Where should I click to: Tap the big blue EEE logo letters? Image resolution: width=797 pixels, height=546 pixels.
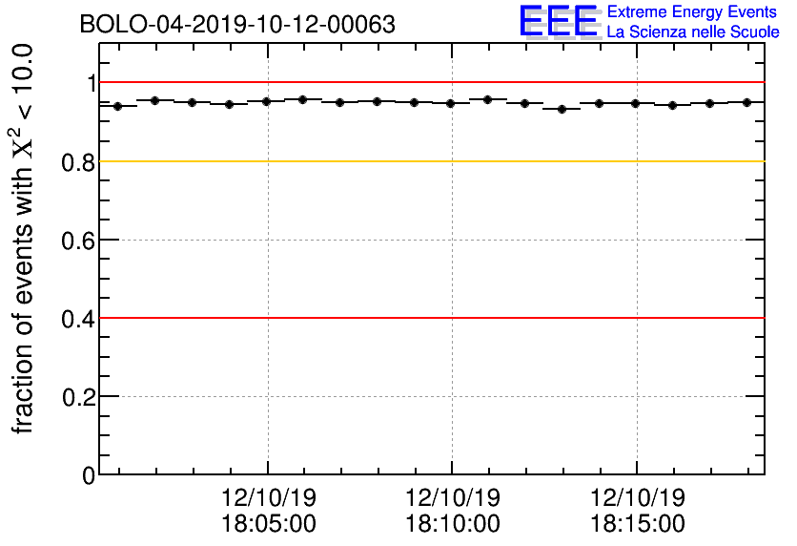tap(560, 21)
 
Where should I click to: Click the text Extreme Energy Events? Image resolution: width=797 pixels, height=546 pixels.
tap(693, 12)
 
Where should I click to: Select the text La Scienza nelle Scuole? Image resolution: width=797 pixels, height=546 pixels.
tap(693, 32)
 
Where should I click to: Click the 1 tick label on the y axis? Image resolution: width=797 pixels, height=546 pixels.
tap(91, 84)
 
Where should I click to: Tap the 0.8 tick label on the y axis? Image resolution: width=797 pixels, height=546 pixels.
tap(79, 162)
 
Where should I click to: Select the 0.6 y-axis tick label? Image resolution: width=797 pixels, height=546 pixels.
tap(79, 241)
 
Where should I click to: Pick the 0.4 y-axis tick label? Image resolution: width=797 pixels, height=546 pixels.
tap(79, 319)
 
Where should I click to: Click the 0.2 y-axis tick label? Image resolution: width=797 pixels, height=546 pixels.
tap(79, 397)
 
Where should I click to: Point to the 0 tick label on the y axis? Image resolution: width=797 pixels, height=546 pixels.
tap(90, 475)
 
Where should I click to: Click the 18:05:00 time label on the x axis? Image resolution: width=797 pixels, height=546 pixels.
tap(268, 523)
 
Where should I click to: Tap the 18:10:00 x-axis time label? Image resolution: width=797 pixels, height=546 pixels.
tap(453, 523)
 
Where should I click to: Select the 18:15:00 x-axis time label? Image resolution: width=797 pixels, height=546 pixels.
tap(638, 523)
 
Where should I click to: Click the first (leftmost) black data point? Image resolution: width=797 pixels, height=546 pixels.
tap(117, 106)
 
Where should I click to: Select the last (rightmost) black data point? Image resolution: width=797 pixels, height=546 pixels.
tap(746, 102)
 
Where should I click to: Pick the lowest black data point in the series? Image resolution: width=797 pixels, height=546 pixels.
tap(562, 109)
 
